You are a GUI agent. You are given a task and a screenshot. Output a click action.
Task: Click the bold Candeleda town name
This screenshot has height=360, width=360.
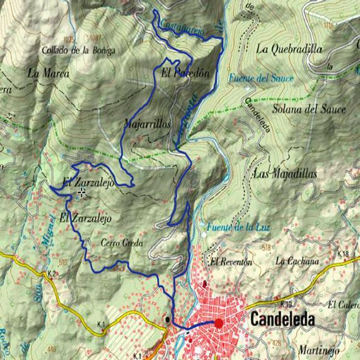click(x=282, y=319)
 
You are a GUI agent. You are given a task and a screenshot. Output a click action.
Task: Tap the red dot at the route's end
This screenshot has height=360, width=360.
click(x=219, y=323)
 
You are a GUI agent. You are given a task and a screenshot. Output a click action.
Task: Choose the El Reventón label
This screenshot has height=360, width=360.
click(x=231, y=262)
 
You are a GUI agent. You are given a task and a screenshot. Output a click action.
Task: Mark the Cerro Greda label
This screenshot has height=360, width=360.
click(x=122, y=243)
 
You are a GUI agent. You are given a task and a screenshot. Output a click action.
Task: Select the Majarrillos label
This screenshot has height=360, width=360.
click(x=148, y=125)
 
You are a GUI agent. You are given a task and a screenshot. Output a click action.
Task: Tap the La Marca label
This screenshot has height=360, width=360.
click(x=43, y=73)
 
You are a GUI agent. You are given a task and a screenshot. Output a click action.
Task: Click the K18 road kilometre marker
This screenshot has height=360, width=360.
click(x=343, y=254)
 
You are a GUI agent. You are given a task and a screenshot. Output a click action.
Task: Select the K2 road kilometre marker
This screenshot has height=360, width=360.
click(x=52, y=272)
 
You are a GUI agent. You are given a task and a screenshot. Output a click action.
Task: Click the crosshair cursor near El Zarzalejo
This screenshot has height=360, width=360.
click(x=82, y=191)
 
